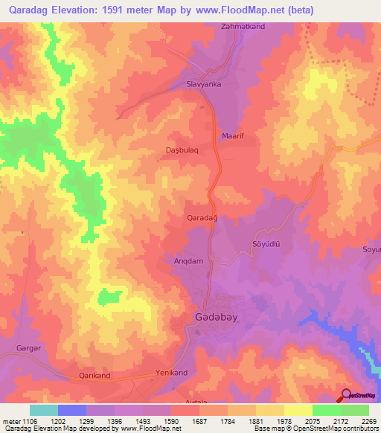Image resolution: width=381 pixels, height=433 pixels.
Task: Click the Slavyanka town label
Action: [x=203, y=85]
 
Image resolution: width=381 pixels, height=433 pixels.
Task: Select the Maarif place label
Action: [x=234, y=137]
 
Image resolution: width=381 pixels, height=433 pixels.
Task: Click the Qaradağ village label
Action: [x=201, y=217]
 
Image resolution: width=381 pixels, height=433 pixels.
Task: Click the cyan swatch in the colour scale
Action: [x=44, y=410]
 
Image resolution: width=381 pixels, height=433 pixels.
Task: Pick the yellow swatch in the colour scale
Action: [x=298, y=410]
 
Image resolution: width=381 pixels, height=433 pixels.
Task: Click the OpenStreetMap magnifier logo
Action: [x=344, y=395]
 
